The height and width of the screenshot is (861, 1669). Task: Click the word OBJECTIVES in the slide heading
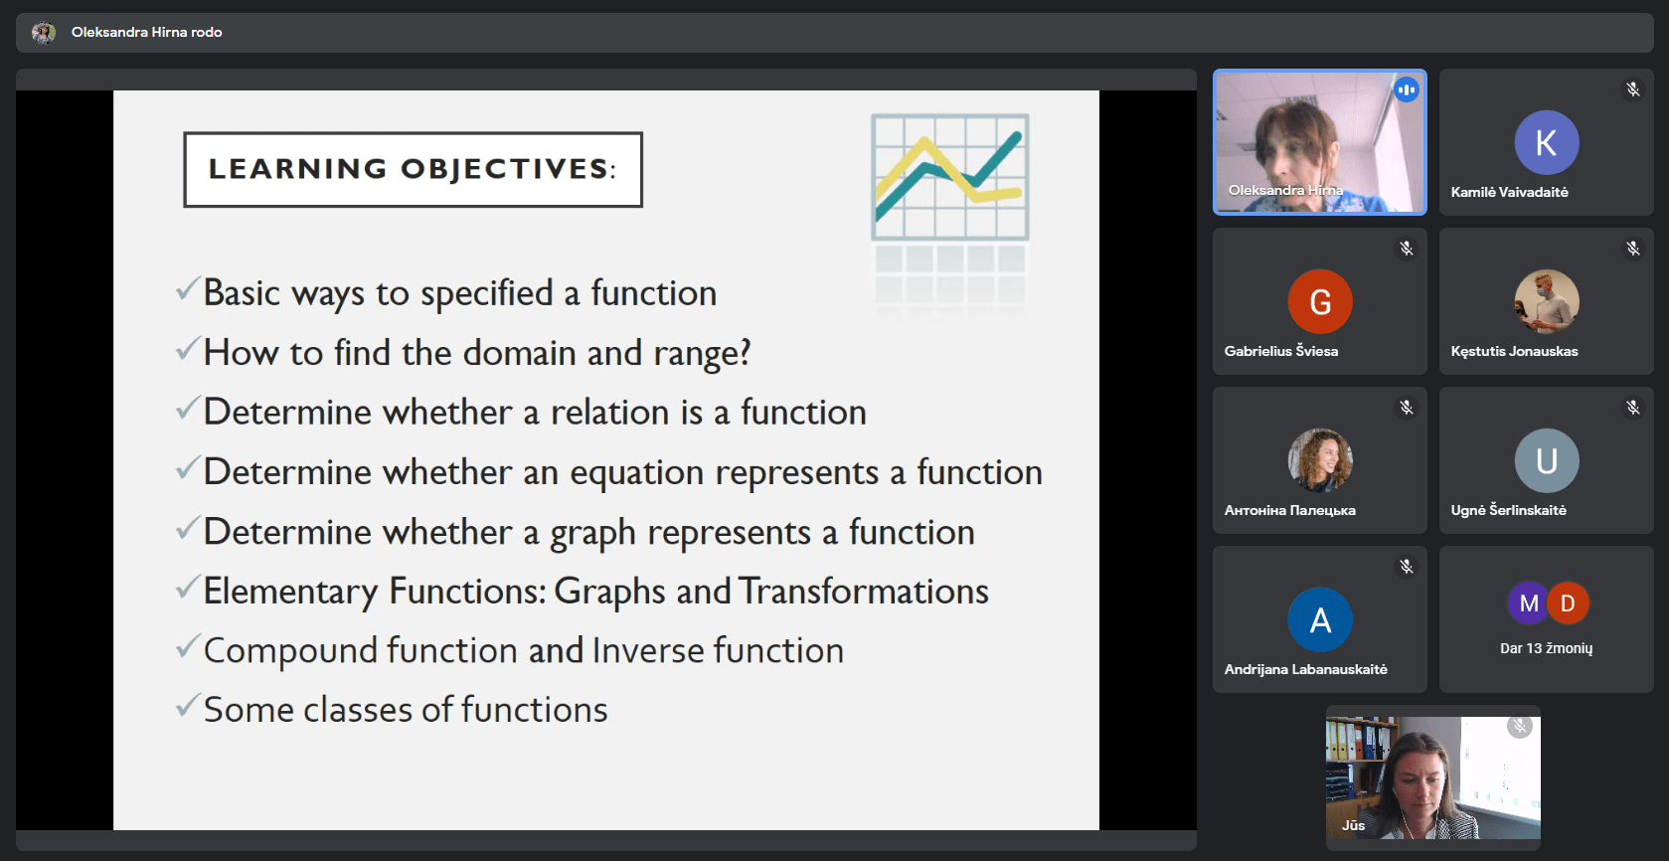505,169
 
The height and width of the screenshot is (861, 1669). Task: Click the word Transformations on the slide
864,592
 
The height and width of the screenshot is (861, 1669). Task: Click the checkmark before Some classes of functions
188,705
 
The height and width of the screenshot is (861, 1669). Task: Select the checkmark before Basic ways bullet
188,287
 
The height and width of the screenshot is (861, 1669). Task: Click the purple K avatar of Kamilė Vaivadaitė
1546,142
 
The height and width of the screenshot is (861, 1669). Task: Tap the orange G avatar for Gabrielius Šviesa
1319,301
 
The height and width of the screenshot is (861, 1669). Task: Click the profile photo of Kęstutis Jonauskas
1546,301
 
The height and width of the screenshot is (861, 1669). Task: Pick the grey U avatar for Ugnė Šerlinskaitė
1546,460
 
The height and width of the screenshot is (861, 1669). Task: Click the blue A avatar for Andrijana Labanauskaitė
1319,619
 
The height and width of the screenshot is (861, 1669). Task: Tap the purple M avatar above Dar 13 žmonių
1528,603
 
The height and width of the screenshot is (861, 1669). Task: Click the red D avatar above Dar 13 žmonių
1568,603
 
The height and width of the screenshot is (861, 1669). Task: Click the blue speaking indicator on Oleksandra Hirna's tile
1406,90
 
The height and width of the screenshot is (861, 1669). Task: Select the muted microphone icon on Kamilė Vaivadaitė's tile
1632,89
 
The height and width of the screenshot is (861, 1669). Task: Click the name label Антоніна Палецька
1289,511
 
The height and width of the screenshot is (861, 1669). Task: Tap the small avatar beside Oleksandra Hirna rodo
43,32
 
